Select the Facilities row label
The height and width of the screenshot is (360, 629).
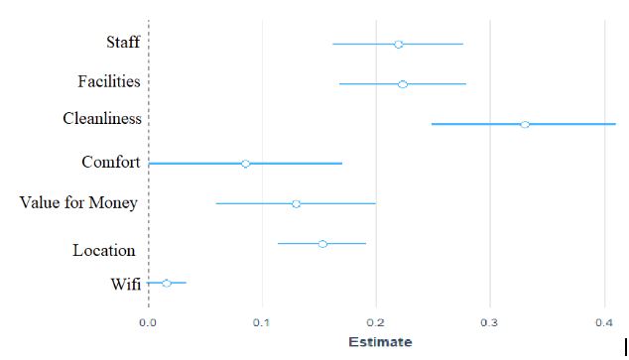[x=109, y=81]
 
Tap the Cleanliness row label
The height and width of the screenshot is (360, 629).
[x=101, y=119]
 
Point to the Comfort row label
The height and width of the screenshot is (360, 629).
[x=110, y=162]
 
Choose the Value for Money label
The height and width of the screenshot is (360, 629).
[x=78, y=203]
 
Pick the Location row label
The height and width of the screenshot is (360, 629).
[x=103, y=250]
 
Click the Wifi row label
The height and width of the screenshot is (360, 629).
[x=125, y=285]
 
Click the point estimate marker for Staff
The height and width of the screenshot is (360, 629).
[x=399, y=44]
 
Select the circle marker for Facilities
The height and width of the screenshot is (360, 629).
[x=403, y=84]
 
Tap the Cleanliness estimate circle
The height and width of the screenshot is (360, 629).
[x=525, y=124]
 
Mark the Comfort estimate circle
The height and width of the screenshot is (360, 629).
[x=245, y=163]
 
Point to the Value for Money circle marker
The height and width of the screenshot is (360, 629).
[x=296, y=203]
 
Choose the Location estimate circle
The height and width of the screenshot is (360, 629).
[x=322, y=243]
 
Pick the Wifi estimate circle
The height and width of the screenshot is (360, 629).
[x=167, y=283]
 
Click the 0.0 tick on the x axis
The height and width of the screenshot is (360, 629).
[x=148, y=322]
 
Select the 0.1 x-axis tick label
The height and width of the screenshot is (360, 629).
[x=262, y=322]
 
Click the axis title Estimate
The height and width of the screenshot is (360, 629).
[x=380, y=342]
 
